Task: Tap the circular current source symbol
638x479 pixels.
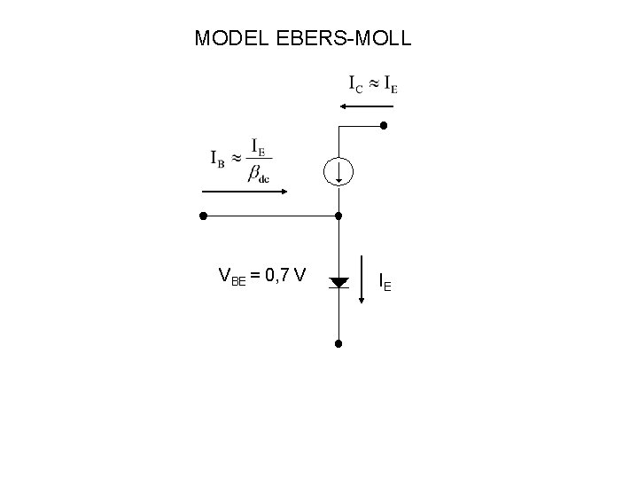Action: point(338,171)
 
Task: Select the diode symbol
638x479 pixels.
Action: point(338,283)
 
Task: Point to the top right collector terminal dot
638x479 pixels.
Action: point(384,126)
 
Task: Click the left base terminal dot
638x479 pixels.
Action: point(203,216)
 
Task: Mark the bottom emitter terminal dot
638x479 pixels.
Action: point(338,343)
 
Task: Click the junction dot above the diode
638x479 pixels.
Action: point(338,216)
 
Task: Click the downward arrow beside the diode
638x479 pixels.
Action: point(362,279)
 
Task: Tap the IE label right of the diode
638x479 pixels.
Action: point(385,283)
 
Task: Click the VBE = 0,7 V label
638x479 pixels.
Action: point(262,277)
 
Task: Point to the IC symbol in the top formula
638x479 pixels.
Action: point(354,85)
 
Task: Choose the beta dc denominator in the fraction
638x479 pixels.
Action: point(259,175)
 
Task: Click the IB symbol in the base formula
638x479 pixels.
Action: point(218,160)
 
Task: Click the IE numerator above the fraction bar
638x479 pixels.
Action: point(259,145)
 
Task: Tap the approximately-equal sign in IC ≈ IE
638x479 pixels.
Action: point(373,84)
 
